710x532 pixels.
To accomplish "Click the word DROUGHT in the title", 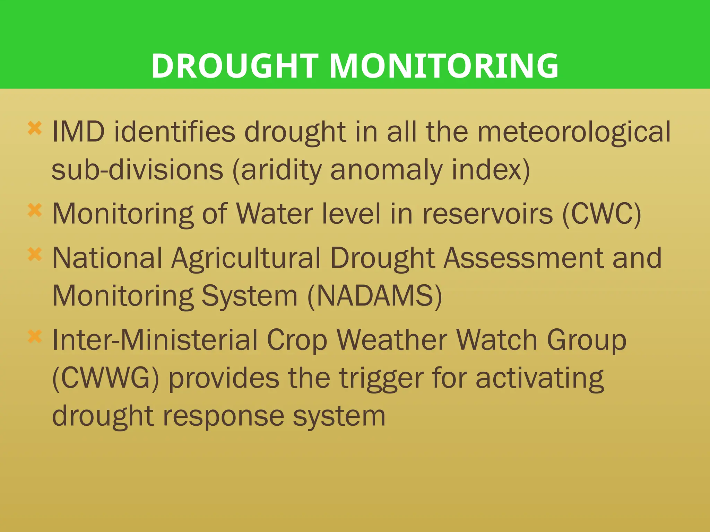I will [x=235, y=65].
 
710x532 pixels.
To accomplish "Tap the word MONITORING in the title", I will [x=443, y=65].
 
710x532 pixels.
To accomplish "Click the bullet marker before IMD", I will [x=35, y=128].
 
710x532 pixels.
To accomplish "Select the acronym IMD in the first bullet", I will [x=78, y=132].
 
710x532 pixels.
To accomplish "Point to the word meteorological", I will [x=574, y=132].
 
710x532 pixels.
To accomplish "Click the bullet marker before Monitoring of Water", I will [x=35, y=210].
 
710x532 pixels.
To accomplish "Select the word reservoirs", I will [x=487, y=214].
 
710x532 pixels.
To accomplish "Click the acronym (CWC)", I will [x=601, y=214].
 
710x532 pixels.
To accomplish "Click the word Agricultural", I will [x=246, y=258].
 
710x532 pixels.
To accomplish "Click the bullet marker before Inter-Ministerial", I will [x=35, y=336].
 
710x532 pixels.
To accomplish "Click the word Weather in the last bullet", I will [x=392, y=340].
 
